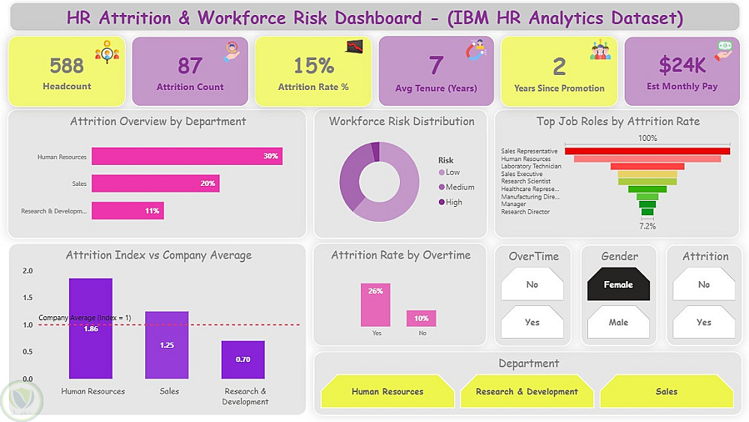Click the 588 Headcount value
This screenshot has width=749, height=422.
[67, 65]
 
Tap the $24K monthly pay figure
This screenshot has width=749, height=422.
[682, 65]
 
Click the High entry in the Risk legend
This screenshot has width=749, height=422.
[454, 202]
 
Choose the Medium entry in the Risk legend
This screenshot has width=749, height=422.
[460, 187]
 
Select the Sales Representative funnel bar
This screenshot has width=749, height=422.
[646, 151]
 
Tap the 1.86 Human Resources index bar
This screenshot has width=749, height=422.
[91, 328]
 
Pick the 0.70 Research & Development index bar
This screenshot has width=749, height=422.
[243, 360]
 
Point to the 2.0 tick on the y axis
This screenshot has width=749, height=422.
[27, 271]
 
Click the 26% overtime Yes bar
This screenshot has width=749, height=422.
[375, 304]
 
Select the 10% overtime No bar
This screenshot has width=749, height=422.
[421, 319]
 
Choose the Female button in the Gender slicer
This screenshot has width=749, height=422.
[619, 285]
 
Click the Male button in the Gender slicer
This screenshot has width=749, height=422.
[619, 322]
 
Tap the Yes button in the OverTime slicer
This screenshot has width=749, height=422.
[532, 322]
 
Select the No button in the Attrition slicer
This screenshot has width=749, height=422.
[704, 285]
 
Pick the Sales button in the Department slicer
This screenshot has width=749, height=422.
[667, 392]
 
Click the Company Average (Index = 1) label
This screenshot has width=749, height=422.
[85, 318]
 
